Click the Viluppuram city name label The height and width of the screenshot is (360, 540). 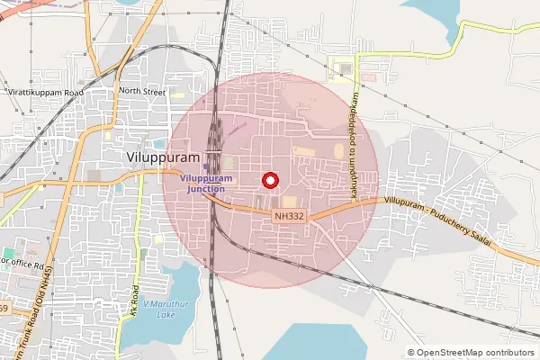tap(160, 157)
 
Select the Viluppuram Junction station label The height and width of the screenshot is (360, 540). tap(207, 184)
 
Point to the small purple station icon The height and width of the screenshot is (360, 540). tap(206, 166)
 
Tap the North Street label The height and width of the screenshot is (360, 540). tap(142, 91)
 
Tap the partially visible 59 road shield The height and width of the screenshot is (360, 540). tap(3, 309)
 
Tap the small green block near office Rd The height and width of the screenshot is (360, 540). tap(8, 253)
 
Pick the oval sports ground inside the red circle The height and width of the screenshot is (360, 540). tap(339, 152)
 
